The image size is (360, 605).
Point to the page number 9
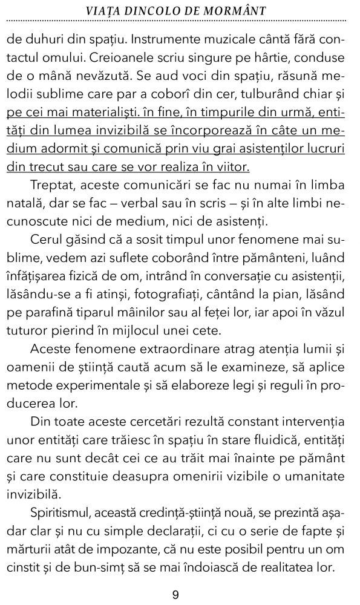175,595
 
